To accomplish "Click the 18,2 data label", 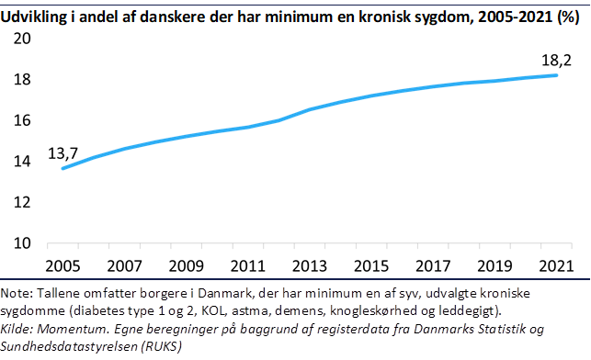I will click(555, 61).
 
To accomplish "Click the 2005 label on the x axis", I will click(63, 265).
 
